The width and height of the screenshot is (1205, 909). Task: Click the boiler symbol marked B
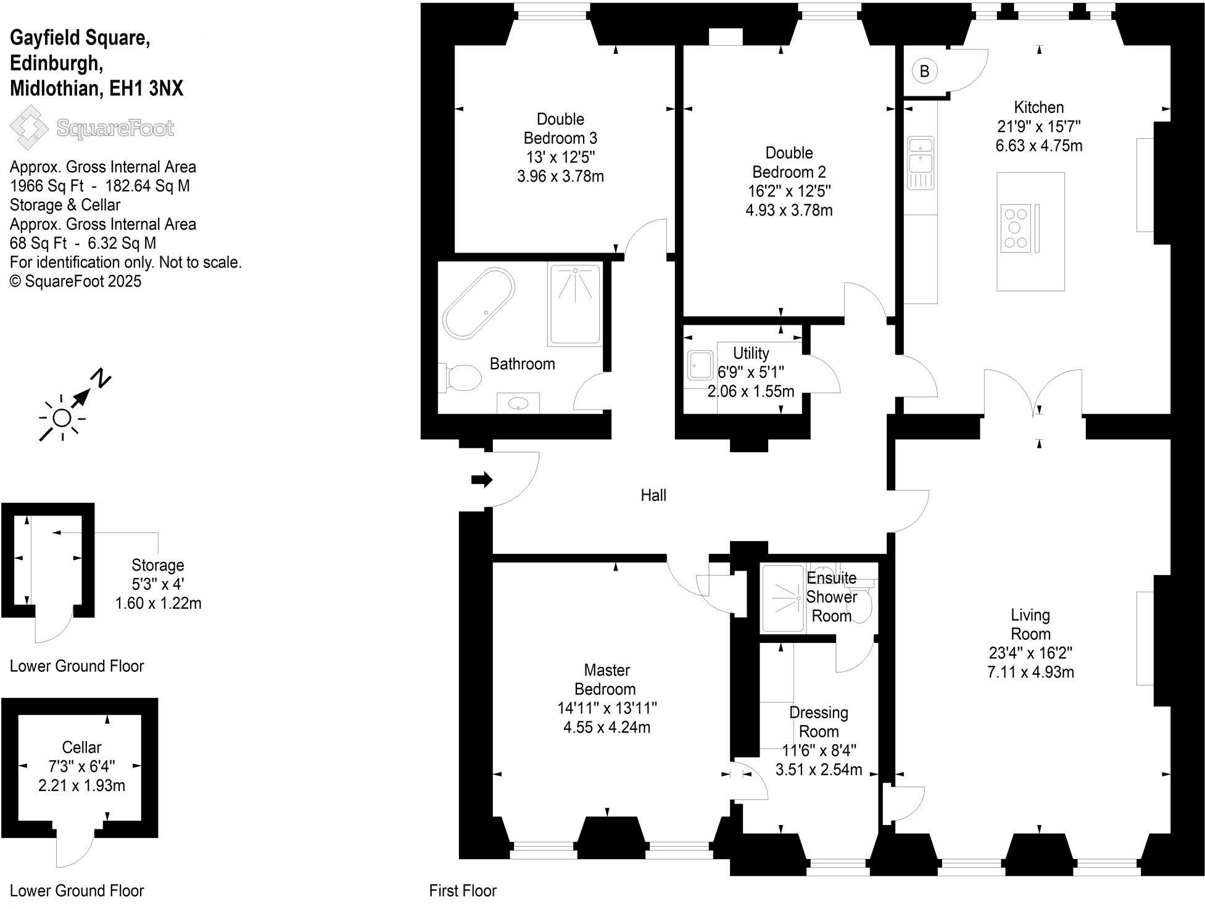[x=924, y=72]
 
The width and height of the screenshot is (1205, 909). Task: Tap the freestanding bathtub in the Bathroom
[x=479, y=303]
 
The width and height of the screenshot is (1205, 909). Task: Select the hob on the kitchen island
[x=1016, y=228]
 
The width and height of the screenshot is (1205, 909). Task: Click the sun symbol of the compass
[x=62, y=419]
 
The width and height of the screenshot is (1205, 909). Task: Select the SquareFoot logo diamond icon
[x=29, y=127]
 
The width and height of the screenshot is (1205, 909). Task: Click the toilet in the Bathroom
[x=462, y=377]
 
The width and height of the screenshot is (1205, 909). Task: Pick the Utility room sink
[x=700, y=366]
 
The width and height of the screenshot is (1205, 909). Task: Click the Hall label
[x=653, y=495]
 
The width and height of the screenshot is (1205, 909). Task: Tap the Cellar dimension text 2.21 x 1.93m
[x=81, y=785]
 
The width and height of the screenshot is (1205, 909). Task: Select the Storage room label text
[x=158, y=565]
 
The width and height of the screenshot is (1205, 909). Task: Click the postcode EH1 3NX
[x=146, y=88]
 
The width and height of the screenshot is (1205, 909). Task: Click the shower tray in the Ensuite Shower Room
[x=784, y=598]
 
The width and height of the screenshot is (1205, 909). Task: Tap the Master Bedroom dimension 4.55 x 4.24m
[x=607, y=727]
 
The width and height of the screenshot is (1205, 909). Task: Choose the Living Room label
[x=1030, y=624]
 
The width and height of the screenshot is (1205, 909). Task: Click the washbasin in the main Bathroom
[x=518, y=404]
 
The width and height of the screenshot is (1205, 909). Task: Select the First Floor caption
[x=463, y=890]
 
